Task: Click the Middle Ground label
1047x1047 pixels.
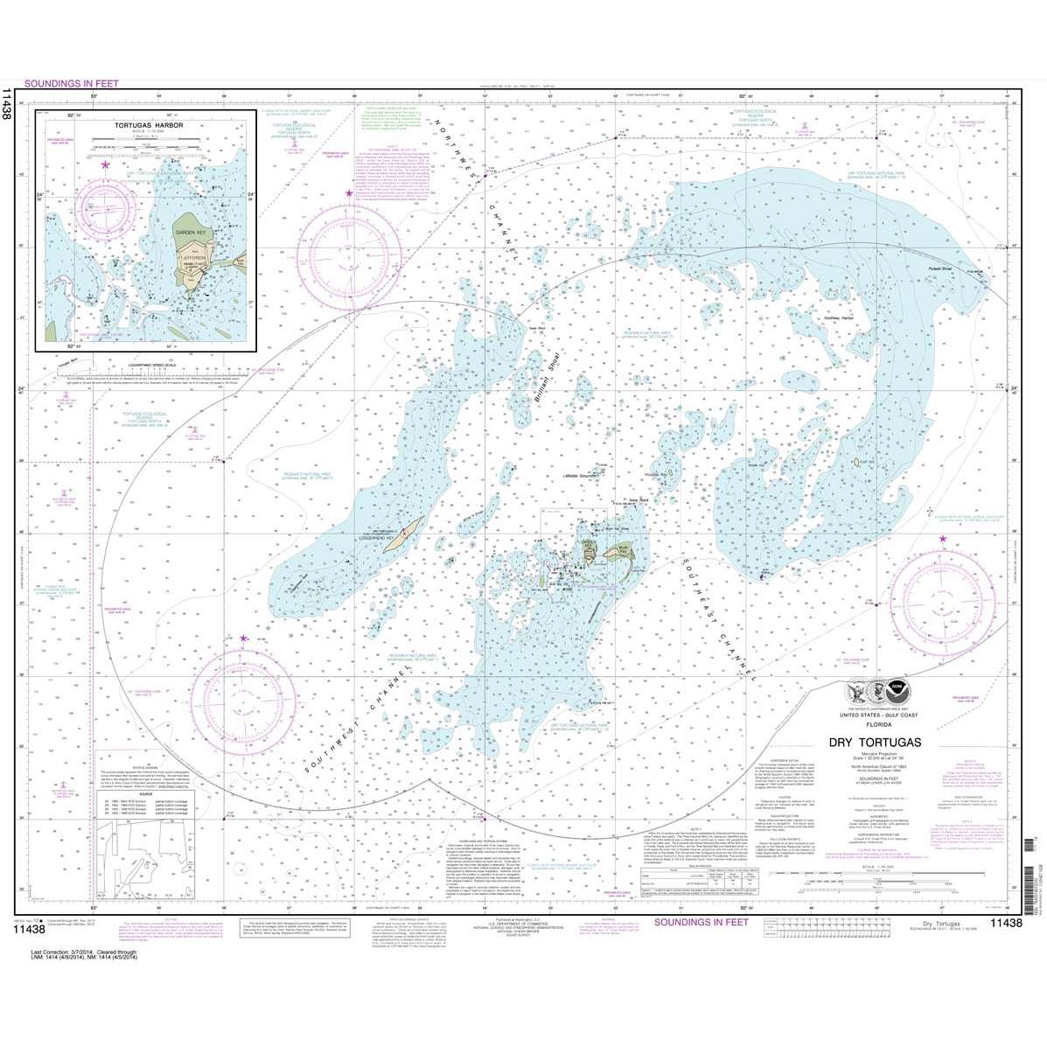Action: [x=583, y=476]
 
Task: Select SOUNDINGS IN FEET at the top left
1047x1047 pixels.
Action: [x=78, y=84]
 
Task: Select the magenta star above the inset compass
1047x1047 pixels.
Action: [x=106, y=164]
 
